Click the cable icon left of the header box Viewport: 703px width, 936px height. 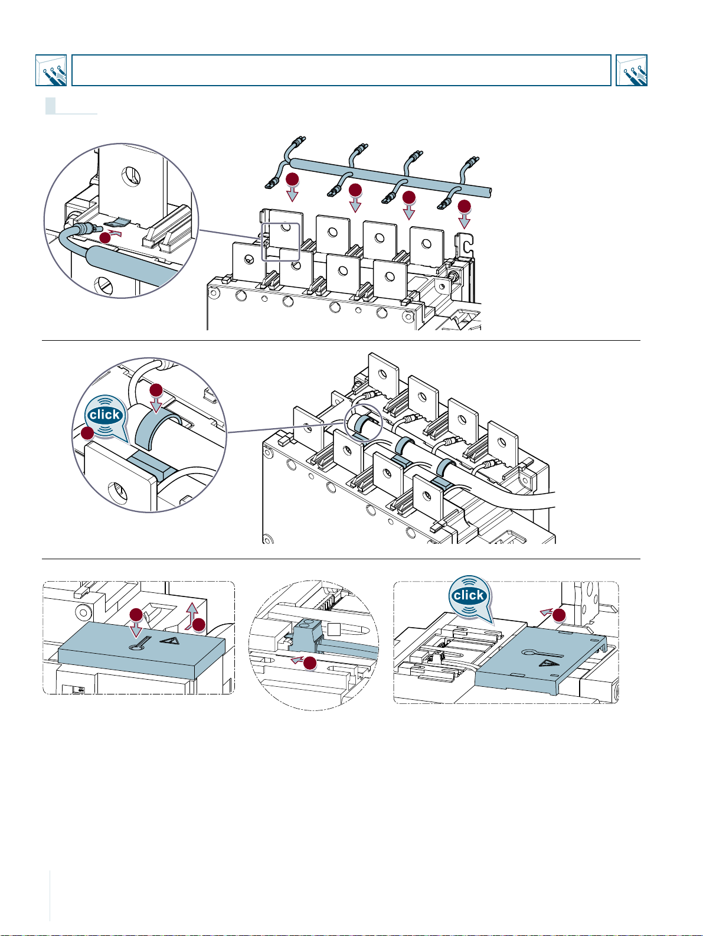51,70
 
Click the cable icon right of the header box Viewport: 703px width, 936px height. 631,70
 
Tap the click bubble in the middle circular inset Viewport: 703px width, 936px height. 106,416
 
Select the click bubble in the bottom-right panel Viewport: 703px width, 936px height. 469,596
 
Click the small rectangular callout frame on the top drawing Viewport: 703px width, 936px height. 281,242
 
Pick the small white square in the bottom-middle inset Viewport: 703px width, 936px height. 335,630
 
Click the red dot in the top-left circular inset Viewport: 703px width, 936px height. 104,237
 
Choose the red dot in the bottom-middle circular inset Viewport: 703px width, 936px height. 309,664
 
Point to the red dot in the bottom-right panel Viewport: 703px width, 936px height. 558,615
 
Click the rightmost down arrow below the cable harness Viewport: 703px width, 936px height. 465,221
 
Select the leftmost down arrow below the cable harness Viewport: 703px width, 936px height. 292,194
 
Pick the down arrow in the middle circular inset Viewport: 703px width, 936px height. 156,405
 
